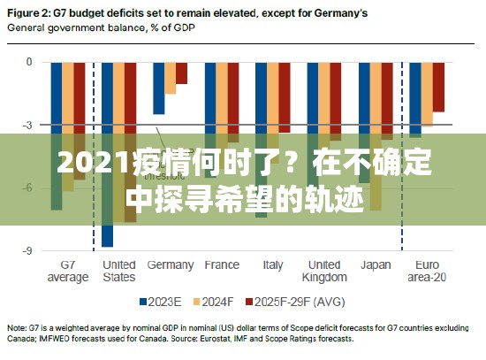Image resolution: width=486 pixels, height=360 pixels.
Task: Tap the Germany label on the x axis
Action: (x=170, y=264)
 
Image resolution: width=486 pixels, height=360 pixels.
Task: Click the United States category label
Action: (x=119, y=271)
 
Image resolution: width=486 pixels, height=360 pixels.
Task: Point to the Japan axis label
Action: (x=375, y=264)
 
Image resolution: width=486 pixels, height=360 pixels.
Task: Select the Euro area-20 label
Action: (x=426, y=271)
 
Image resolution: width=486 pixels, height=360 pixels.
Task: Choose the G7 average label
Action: (x=67, y=271)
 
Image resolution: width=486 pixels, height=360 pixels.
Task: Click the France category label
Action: (x=221, y=264)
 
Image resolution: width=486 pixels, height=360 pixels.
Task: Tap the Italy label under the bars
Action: (x=273, y=264)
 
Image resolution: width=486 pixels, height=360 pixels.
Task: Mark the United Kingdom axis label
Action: (x=323, y=271)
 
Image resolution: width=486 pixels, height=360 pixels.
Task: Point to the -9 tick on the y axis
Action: (x=28, y=251)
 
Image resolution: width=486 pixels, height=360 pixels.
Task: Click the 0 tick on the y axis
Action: (x=30, y=62)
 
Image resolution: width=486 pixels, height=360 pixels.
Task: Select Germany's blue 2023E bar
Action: (x=158, y=88)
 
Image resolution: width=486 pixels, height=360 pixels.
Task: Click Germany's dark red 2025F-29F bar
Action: (x=181, y=73)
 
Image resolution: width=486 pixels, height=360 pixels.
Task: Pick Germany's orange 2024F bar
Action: (x=170, y=79)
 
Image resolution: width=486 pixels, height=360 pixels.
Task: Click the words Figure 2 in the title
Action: (x=30, y=12)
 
